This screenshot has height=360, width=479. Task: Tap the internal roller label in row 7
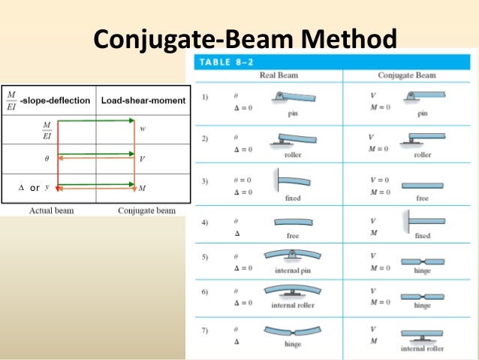pos(422,348)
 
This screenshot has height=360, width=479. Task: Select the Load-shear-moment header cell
pos(143,101)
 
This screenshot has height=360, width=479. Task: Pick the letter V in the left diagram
pos(142,159)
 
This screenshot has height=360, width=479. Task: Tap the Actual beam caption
pos(51,211)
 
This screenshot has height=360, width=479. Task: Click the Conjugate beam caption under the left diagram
pos(146,211)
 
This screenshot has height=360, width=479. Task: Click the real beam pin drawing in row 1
pos(293,98)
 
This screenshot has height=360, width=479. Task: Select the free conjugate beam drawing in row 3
pos(423,185)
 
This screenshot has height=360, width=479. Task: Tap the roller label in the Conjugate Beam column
pos(423,154)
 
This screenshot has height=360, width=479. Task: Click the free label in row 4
pos(293,235)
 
